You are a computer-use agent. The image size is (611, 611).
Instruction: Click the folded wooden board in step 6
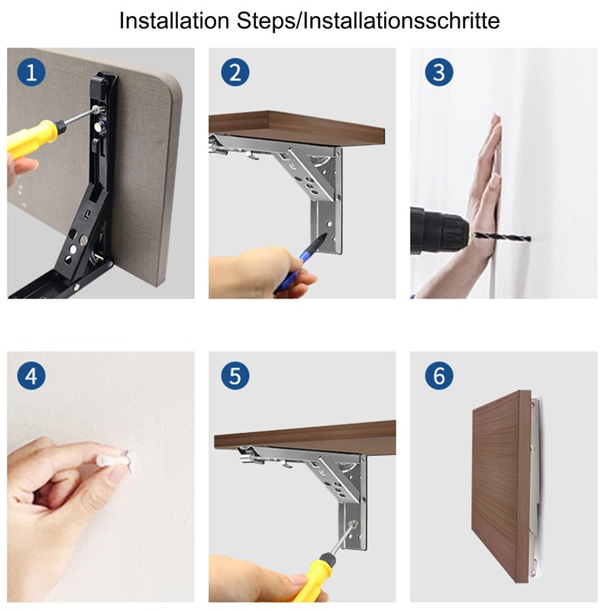pyautogui.click(x=500, y=489)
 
